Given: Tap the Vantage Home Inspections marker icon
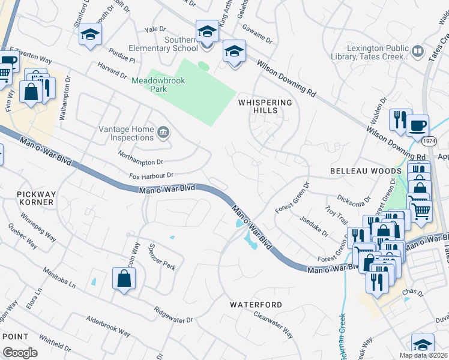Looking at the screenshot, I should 163,133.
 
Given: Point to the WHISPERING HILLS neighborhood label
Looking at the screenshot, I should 265,106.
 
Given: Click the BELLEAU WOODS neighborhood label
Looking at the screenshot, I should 357,171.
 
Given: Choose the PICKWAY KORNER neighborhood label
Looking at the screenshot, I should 35,198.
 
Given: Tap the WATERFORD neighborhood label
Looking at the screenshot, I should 256,305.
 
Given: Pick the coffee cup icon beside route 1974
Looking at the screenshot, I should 417,126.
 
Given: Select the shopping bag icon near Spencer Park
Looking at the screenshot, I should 124,278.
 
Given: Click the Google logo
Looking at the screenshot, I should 20,352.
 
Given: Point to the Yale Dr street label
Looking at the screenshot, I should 154,29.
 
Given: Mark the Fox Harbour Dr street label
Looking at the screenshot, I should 151,176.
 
